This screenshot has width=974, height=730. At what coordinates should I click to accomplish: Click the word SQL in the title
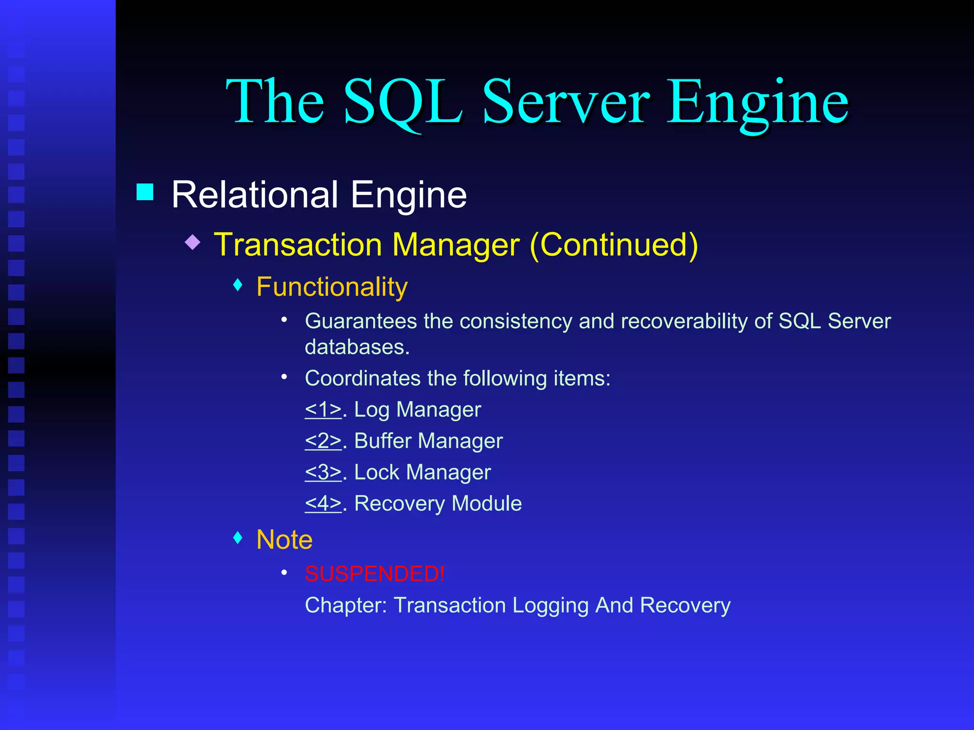(x=402, y=102)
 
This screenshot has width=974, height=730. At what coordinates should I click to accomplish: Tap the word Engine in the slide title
(x=757, y=102)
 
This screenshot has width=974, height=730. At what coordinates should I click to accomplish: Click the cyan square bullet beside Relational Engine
(x=145, y=192)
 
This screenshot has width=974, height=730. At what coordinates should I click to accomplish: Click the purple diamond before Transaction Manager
(x=193, y=242)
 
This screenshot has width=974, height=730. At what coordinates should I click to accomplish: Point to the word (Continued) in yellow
(x=614, y=245)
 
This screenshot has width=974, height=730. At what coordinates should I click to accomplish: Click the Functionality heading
(x=332, y=287)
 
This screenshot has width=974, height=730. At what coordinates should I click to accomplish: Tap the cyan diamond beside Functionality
(x=238, y=285)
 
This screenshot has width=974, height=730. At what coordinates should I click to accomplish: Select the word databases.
(x=357, y=347)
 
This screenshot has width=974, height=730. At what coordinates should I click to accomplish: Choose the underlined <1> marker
(x=323, y=410)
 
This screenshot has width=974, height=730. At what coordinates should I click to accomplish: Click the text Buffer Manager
(x=428, y=441)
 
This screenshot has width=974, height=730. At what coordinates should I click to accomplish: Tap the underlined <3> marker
(x=323, y=472)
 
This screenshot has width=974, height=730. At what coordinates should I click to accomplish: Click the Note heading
(x=284, y=540)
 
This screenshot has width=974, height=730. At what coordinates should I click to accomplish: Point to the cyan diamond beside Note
(x=238, y=538)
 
